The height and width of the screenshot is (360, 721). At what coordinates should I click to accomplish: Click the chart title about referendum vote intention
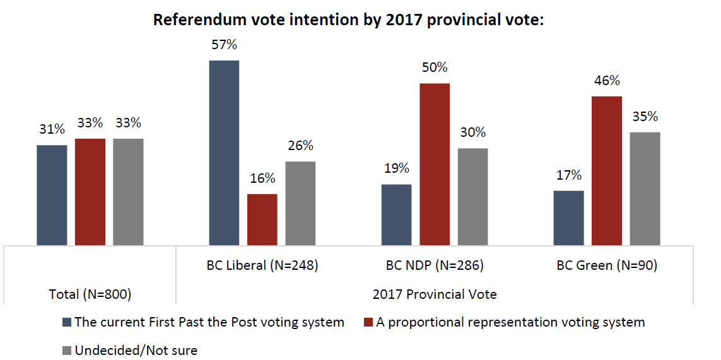pos(348,20)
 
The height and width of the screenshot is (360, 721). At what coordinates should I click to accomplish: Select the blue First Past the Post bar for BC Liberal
pos(224,153)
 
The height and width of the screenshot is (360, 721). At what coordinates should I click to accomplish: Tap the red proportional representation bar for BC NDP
pos(435,164)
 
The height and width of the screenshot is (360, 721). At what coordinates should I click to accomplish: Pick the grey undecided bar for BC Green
pos(645,189)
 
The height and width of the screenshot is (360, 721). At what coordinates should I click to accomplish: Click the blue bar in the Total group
pos(52,195)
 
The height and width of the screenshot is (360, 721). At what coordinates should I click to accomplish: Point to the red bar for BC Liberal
pos(262,219)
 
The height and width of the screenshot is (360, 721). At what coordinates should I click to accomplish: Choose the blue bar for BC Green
pos(568,218)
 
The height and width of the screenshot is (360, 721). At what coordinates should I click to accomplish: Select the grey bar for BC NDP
pos(472,197)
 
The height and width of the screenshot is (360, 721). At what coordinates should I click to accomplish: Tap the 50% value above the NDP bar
pos(435,68)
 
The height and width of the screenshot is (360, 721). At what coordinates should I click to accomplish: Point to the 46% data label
pos(606,81)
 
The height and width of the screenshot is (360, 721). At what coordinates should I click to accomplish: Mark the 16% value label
pos(262,178)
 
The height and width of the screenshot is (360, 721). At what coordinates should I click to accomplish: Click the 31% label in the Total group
pos(52,130)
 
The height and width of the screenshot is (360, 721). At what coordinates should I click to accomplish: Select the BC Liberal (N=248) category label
pos(262,265)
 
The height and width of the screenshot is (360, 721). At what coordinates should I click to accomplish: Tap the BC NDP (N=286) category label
pos(435,265)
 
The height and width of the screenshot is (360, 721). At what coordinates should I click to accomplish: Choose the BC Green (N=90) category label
pos(607,265)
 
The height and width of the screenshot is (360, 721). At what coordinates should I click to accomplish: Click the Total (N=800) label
pos(90,294)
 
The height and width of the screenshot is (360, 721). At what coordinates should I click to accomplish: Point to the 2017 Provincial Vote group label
pos(435,294)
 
